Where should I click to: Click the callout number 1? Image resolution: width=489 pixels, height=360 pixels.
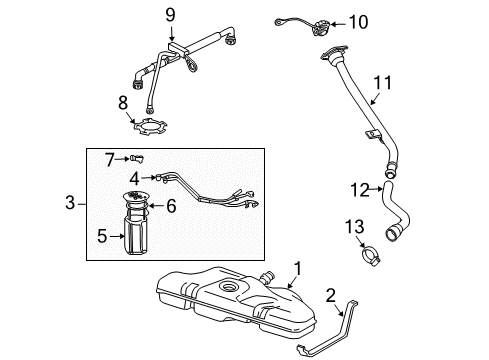coord(296,268)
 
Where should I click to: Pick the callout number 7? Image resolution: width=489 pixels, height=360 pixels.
coord(112,158)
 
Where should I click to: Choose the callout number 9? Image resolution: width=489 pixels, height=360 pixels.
coord(170,15)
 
